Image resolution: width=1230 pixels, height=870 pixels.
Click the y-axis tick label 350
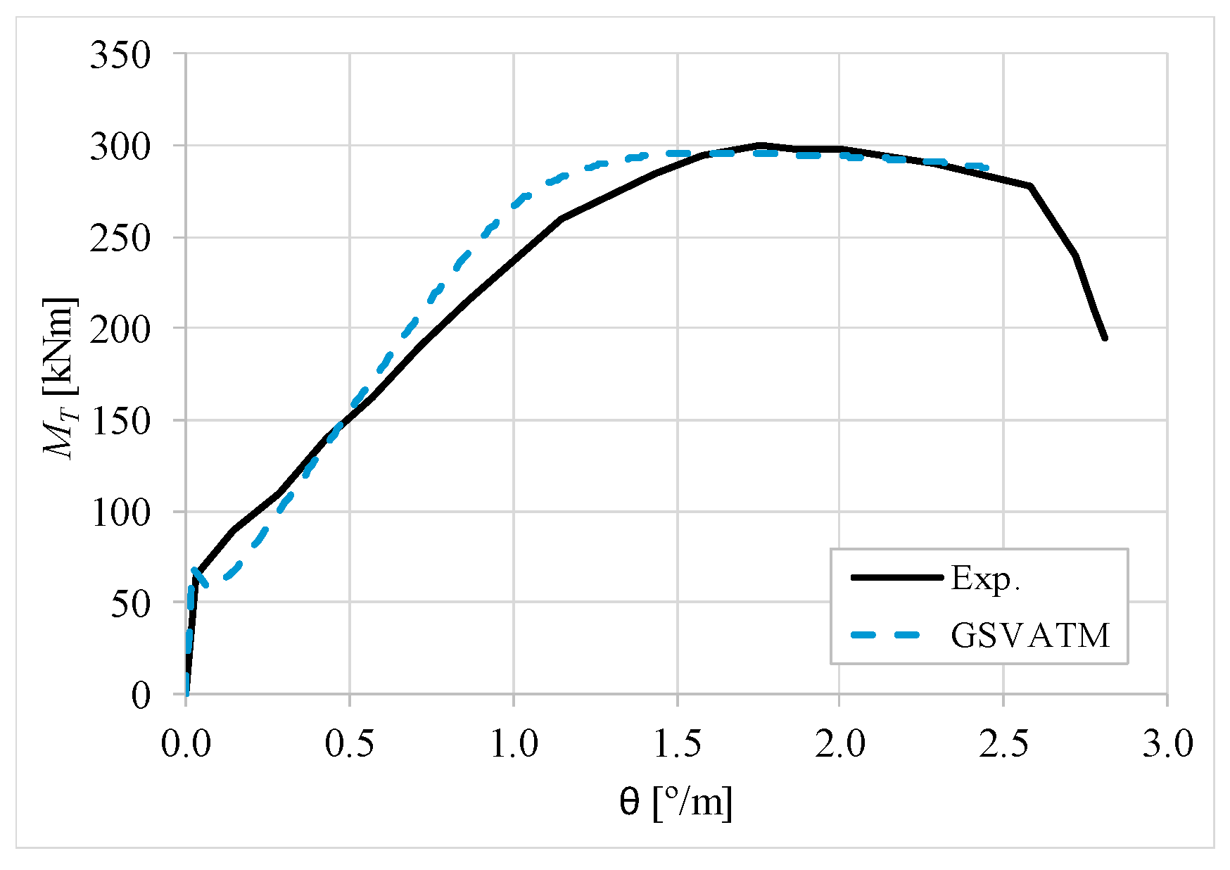point(120,56)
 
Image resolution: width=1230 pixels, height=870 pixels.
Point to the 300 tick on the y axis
point(120,148)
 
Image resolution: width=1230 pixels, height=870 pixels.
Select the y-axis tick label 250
point(120,239)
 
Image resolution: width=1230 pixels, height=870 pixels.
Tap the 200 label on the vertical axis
point(120,330)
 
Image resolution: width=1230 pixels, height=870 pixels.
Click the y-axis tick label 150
point(120,422)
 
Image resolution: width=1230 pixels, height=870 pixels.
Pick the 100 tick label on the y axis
point(120,513)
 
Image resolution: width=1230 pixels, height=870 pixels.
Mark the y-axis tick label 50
point(131,605)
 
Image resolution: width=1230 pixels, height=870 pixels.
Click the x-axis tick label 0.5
point(350,744)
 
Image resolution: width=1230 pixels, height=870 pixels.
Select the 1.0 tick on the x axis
point(514,744)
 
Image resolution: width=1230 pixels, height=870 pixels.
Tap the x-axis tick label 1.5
point(678,744)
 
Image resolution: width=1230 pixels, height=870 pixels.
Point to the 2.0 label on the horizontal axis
point(840,744)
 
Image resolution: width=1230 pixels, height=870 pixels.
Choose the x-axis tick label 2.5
point(1003,744)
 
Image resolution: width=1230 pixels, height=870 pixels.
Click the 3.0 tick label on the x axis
point(1167,744)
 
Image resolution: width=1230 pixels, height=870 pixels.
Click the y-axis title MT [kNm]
point(59,378)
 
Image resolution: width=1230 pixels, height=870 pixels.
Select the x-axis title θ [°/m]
point(676,802)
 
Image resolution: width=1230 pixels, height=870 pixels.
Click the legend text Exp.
point(985,579)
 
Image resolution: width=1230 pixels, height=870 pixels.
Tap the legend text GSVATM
point(1030,636)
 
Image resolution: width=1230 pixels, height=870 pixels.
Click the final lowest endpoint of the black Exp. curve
point(1105,339)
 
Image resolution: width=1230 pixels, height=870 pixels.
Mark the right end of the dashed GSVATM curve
point(987,168)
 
